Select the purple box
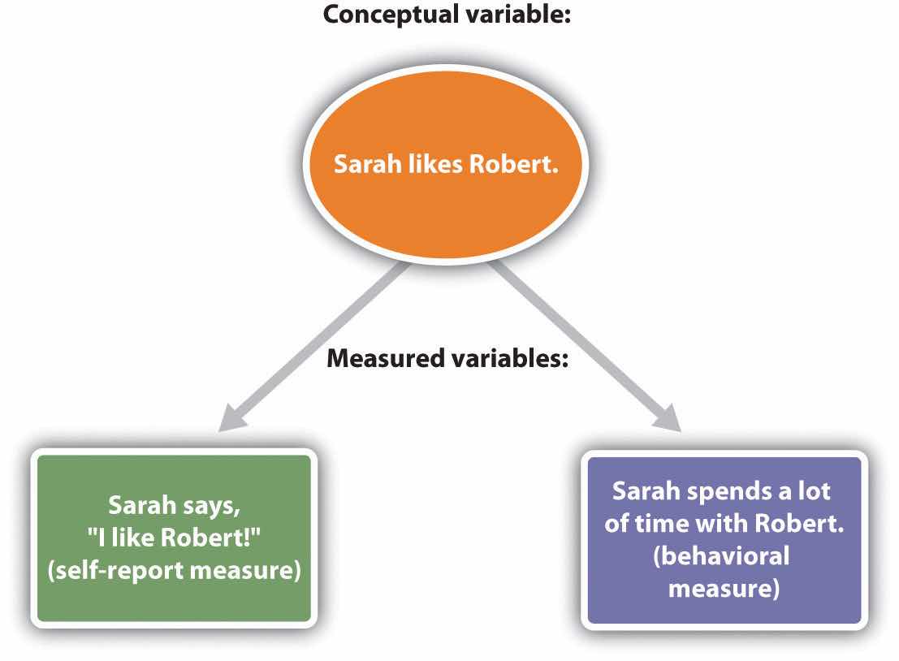click(x=724, y=539)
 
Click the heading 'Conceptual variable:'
click(x=448, y=15)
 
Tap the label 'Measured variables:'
click(x=447, y=358)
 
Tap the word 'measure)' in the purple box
click(x=724, y=587)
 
